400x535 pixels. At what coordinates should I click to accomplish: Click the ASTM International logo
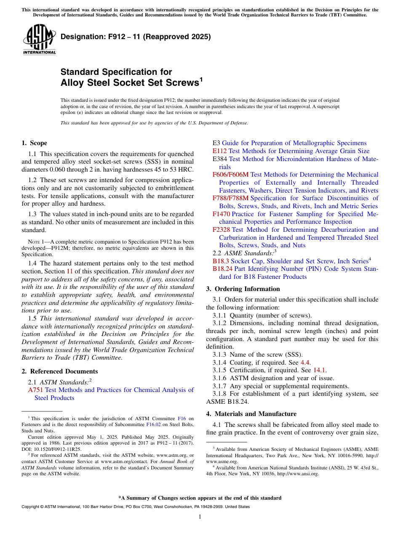(39, 40)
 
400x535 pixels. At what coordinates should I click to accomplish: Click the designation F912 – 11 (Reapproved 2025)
(136, 37)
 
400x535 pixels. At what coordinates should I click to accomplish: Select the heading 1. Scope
(35, 143)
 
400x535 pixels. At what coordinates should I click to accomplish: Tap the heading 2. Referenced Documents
(60, 371)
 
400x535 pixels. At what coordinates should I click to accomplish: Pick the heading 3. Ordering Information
(243, 289)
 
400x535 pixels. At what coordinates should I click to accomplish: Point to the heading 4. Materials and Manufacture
(251, 414)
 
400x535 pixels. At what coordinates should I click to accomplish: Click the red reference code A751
(35, 390)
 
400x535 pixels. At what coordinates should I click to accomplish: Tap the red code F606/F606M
(231, 175)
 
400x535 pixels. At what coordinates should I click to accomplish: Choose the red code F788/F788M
(231, 198)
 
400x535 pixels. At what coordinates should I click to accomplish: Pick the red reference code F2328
(221, 230)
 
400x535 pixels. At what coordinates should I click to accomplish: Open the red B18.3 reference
(221, 261)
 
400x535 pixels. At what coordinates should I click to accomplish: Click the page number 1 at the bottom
(200, 517)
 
